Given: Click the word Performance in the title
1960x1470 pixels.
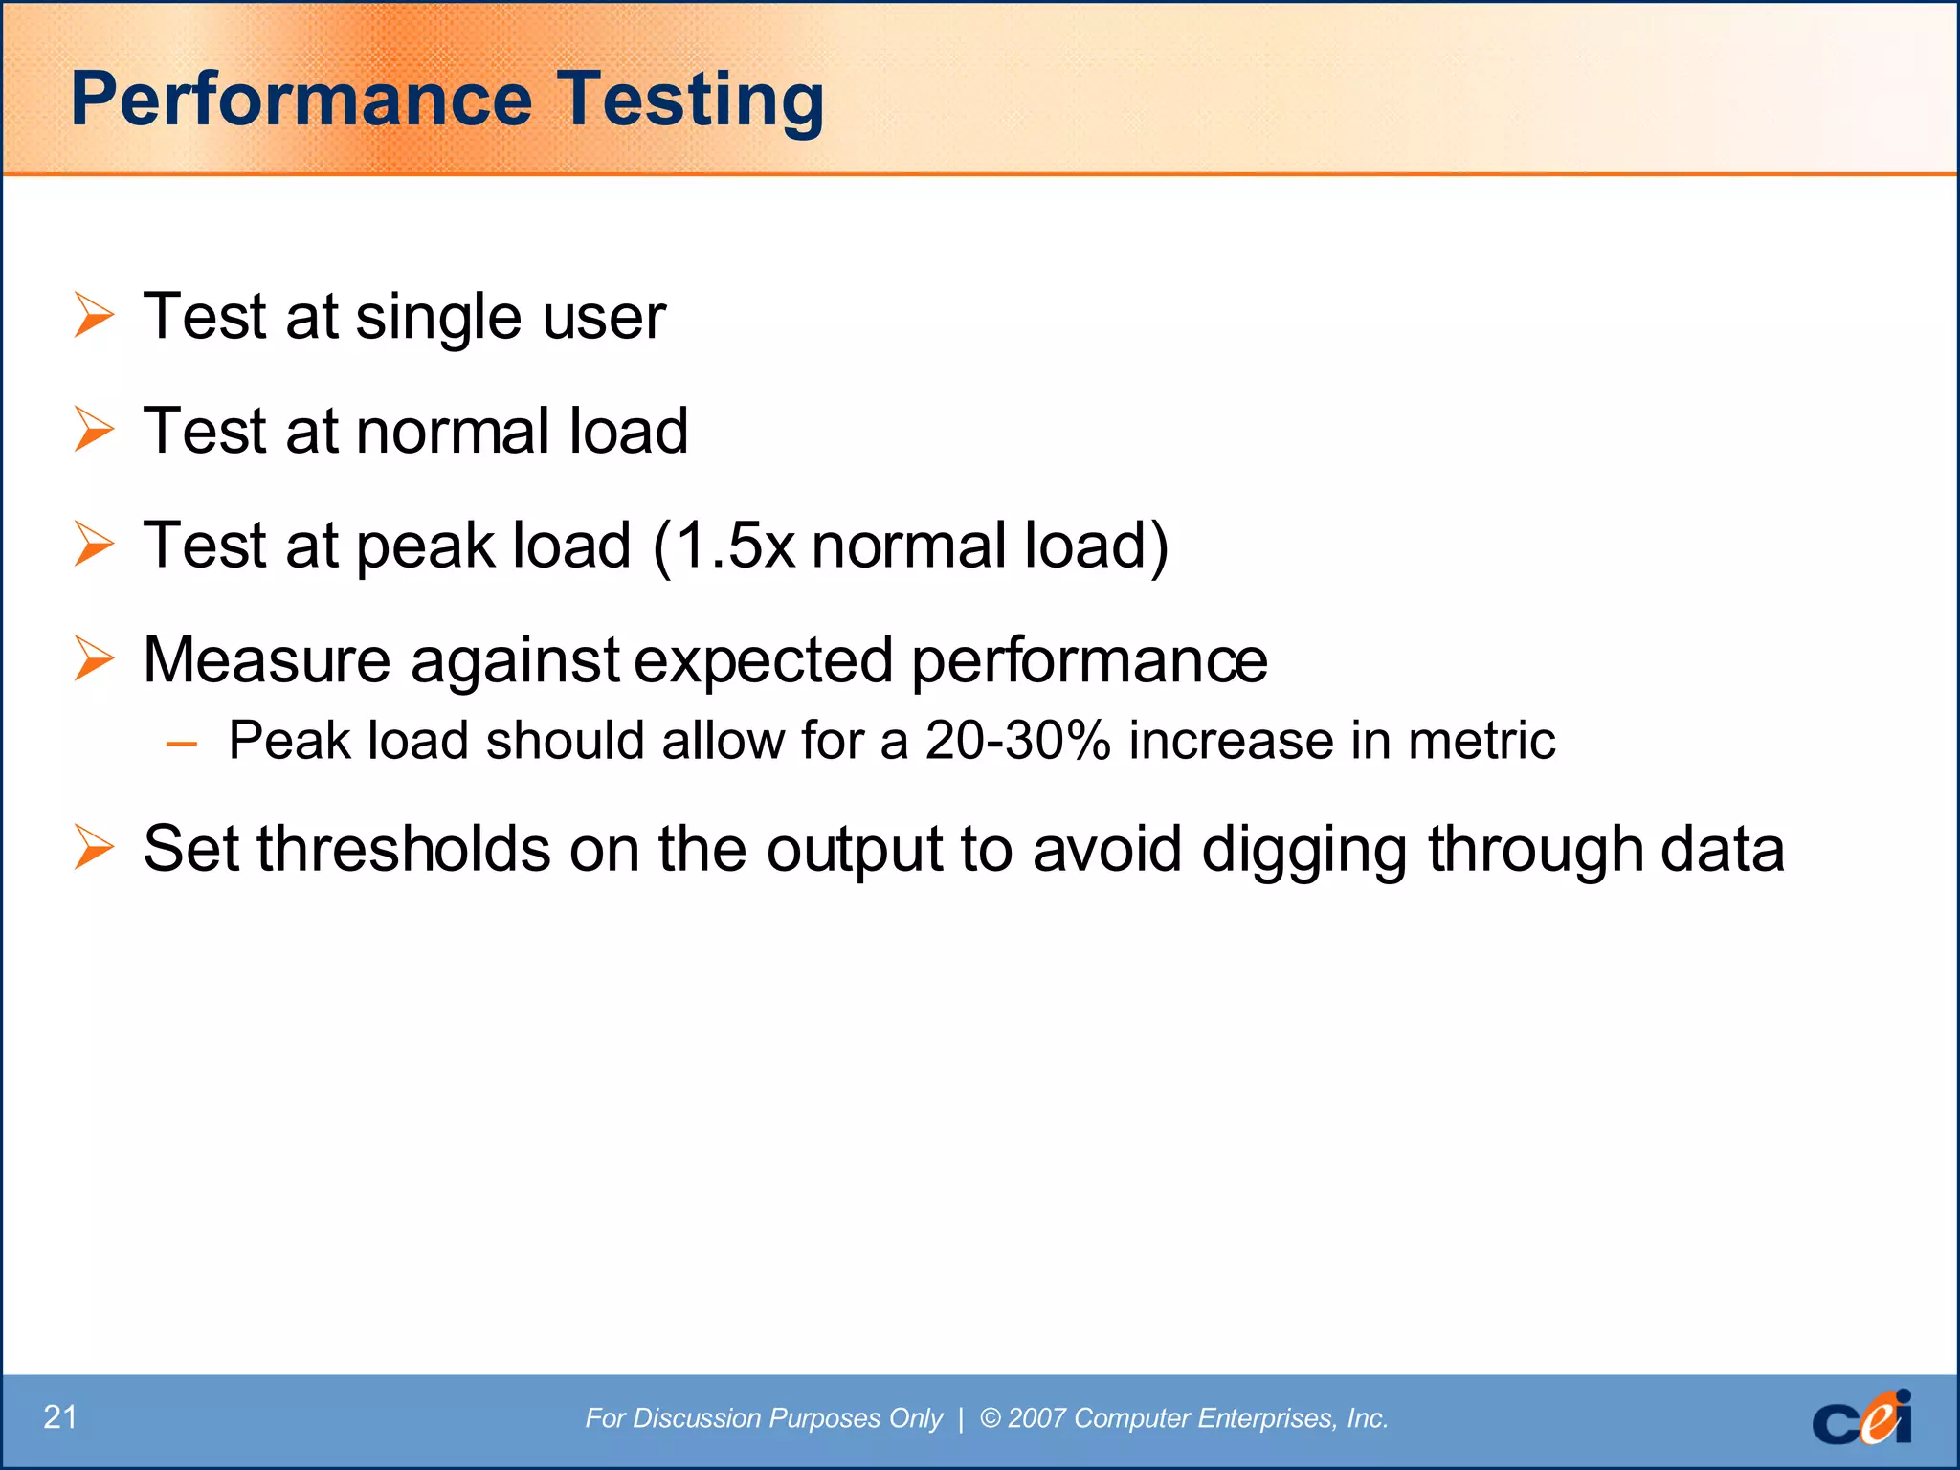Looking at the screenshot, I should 301,99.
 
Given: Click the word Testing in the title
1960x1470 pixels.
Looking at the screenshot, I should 690,100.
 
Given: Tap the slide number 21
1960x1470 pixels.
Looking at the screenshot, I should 60,1416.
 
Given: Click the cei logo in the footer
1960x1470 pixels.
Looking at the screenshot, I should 1861,1417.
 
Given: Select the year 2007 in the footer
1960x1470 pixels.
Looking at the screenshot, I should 1037,1417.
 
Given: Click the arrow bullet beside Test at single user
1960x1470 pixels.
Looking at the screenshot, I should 94,316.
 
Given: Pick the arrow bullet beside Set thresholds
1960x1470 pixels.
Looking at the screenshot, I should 94,848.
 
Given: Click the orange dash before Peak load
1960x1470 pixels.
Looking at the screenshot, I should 181,743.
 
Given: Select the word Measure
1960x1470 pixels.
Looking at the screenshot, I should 267,660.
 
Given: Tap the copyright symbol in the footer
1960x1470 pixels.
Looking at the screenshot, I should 991,1417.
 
